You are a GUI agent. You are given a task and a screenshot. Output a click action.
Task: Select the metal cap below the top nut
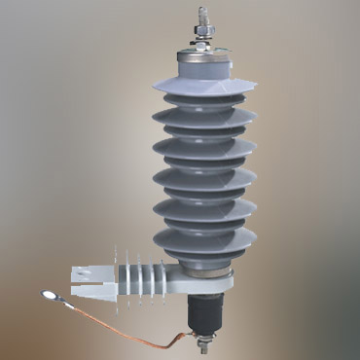pos(202,61)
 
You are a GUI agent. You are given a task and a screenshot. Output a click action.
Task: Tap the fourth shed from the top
pos(203,176)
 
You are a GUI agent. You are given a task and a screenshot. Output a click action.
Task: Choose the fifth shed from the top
pos(203,206)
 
